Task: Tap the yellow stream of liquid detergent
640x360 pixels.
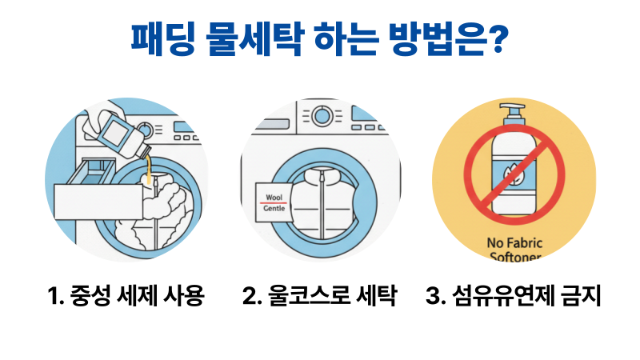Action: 149,172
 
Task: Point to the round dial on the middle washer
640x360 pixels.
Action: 322,116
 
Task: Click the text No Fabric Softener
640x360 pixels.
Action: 514,249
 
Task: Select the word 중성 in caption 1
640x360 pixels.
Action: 89,297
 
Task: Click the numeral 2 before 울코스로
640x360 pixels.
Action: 250,297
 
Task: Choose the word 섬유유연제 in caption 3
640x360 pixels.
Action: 496,297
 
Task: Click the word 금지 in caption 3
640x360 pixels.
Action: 578,297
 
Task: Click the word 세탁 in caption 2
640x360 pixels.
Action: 374,297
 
